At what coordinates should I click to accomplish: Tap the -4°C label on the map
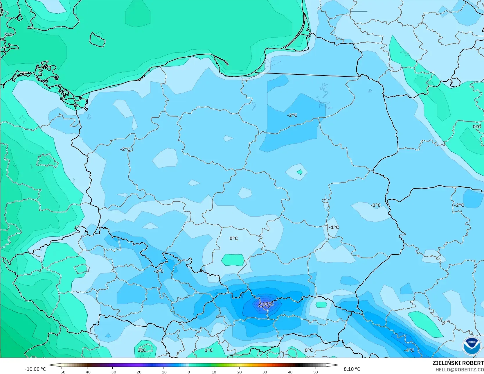tap(409, 350)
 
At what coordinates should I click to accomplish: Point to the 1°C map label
tap(208, 350)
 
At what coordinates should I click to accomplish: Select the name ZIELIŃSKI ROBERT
tap(458, 363)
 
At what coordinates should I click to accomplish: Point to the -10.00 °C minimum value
tap(35, 369)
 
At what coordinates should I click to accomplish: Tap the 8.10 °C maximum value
tap(352, 369)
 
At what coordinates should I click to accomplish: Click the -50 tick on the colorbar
tap(62, 372)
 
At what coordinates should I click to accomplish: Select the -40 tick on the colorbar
tap(87, 372)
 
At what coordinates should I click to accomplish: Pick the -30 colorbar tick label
tap(113, 372)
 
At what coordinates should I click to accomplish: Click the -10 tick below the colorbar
tap(163, 372)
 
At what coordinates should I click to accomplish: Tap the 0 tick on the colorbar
tap(189, 372)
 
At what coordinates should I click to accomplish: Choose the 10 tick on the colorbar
tap(214, 372)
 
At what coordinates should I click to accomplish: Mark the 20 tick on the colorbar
tap(239, 372)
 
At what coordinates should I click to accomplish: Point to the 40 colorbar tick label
tap(290, 372)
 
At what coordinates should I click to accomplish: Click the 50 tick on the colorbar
tap(315, 372)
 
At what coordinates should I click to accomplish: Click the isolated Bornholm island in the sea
tap(97, 39)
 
